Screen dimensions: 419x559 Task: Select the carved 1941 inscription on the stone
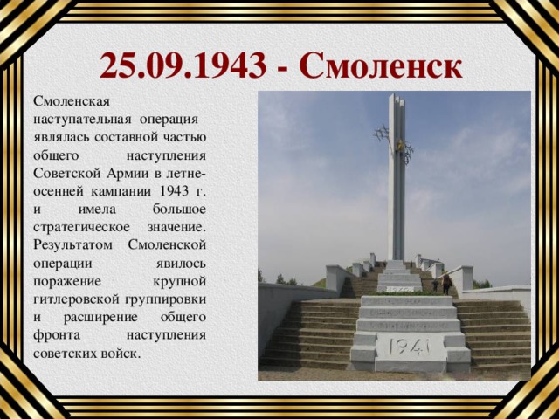(407, 347)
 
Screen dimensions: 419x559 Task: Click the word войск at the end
(121, 354)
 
